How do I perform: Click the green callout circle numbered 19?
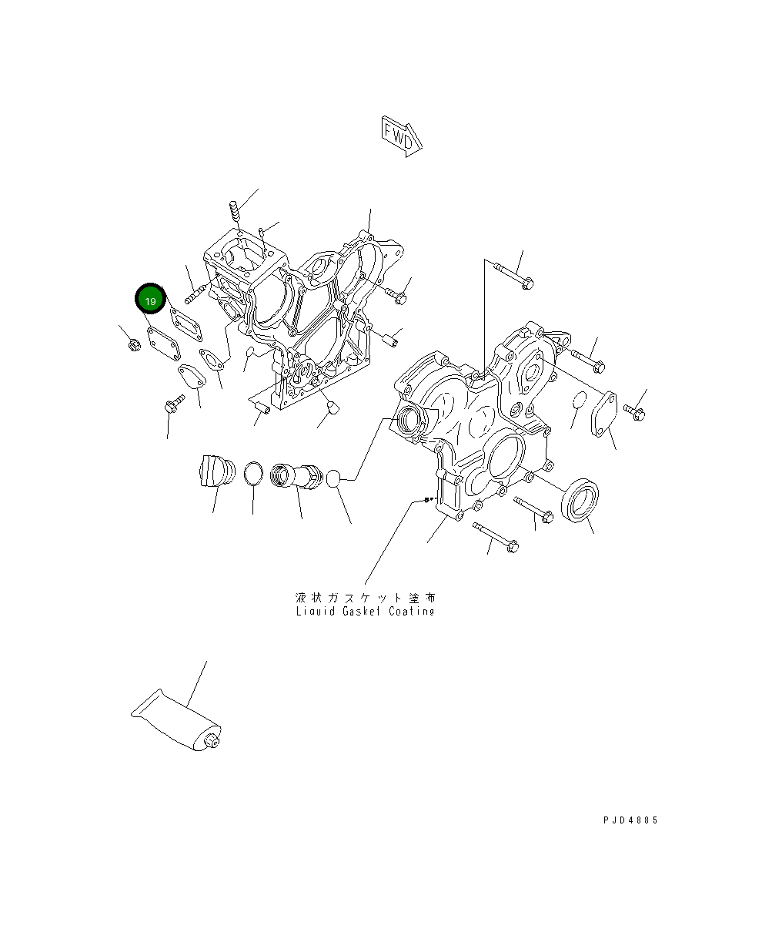(150, 299)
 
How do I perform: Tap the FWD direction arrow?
(401, 136)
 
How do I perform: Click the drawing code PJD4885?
(630, 819)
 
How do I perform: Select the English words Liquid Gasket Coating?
(365, 611)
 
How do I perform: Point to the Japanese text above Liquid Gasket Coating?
(365, 598)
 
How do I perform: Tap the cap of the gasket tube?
(212, 741)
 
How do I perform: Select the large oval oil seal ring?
(580, 500)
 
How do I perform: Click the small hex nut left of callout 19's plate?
(134, 344)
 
